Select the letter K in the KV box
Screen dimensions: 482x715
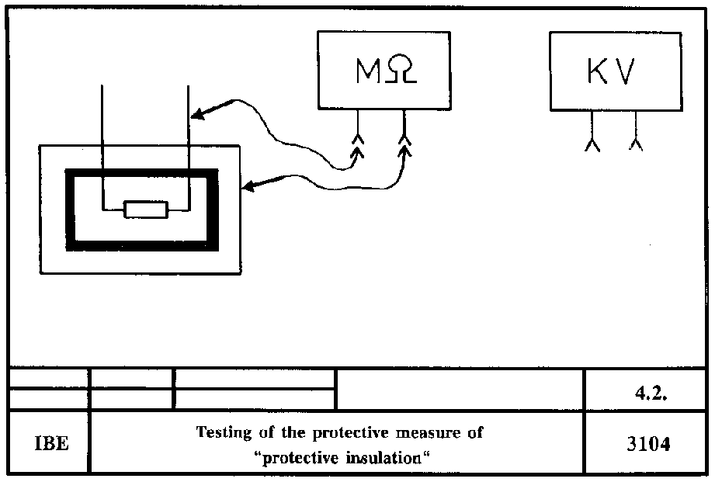coord(595,72)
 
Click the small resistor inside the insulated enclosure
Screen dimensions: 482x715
coord(146,209)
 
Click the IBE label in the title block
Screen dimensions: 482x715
coord(51,445)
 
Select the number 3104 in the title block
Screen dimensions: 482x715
coord(647,444)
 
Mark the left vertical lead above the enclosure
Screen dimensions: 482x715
coord(102,116)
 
